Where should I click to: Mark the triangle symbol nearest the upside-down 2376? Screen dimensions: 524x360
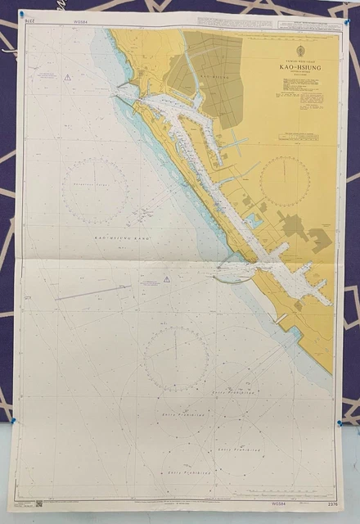[68, 78]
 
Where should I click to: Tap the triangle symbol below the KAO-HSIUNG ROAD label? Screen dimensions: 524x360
[167, 279]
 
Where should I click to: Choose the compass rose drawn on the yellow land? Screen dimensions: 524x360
[285, 180]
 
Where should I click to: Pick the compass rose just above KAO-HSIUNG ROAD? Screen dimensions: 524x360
[96, 190]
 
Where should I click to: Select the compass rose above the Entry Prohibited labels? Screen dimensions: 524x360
[175, 357]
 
